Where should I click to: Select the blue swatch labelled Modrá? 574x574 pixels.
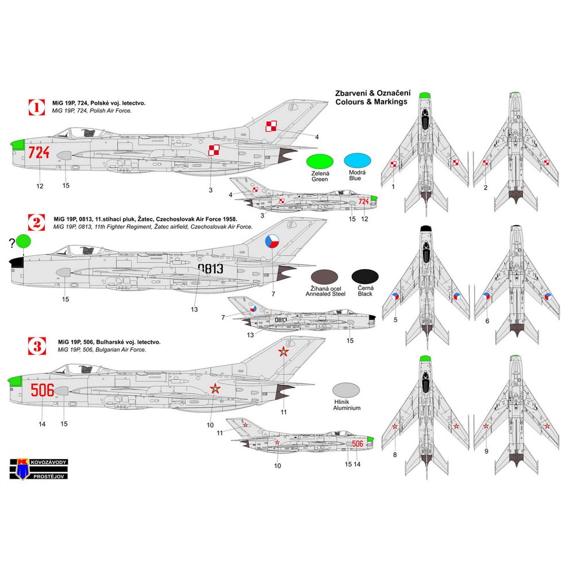356,162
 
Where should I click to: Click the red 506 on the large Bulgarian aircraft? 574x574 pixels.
42,391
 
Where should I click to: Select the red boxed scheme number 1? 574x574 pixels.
37,106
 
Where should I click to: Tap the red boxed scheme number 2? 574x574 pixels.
37,223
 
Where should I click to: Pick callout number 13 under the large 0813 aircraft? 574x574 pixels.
195,309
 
